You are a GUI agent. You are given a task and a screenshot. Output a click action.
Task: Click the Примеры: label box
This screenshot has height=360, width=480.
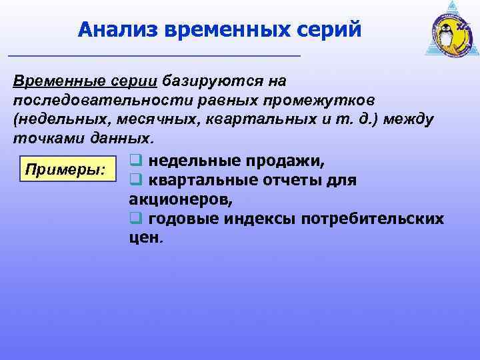pyautogui.click(x=65, y=169)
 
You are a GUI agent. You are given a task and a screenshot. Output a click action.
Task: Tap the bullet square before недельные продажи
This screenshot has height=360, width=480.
pyautogui.click(x=135, y=161)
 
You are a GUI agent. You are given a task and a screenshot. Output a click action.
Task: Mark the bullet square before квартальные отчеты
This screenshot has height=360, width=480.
pyautogui.click(x=135, y=180)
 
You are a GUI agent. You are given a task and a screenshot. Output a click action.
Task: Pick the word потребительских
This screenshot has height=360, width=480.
pyautogui.click(x=373, y=219)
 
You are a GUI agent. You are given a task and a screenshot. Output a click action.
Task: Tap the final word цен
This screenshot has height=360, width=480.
pyautogui.click(x=144, y=238)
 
